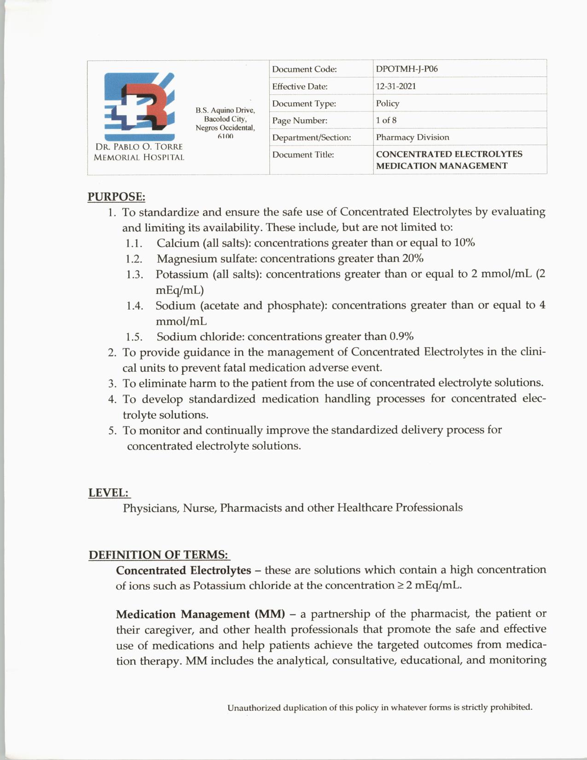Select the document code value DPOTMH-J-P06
click(x=407, y=69)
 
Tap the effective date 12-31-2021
click(x=395, y=86)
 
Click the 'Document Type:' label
click(x=304, y=104)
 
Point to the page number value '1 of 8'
click(x=386, y=120)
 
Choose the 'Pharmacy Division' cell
click(x=412, y=137)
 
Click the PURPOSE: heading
click(x=116, y=197)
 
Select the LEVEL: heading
click(x=109, y=492)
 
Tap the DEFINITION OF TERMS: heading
click(x=158, y=555)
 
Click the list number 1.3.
click(x=134, y=275)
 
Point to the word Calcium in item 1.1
click(x=178, y=243)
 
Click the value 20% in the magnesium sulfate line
click(x=413, y=258)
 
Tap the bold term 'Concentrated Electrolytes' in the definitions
click(x=183, y=570)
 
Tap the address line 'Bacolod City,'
click(x=225, y=119)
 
